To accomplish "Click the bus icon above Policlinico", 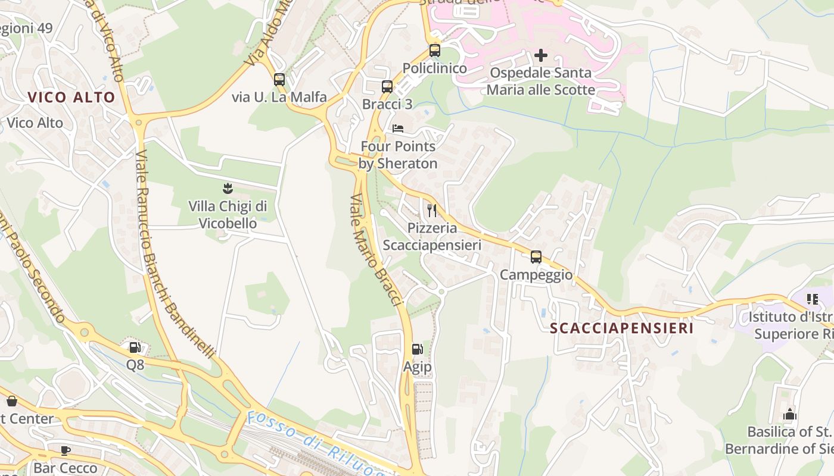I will click(435, 51).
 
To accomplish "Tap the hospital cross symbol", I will click(541, 55).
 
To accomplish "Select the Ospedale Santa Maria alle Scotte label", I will click(541, 82).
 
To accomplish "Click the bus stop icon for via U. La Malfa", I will click(279, 80).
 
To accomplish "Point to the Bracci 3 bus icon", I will click(387, 87).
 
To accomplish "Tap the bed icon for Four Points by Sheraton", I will click(398, 129).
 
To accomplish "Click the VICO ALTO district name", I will click(71, 98).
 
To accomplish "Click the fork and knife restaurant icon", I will click(432, 210).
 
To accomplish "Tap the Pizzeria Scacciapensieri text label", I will click(432, 237).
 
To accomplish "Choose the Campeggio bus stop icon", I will click(536, 257).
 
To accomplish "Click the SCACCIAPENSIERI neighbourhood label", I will click(622, 328).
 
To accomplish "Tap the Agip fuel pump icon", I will click(418, 350).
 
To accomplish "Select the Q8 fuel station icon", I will click(135, 347).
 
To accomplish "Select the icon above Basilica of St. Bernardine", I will click(790, 415).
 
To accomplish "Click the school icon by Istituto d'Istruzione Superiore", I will click(812, 299).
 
